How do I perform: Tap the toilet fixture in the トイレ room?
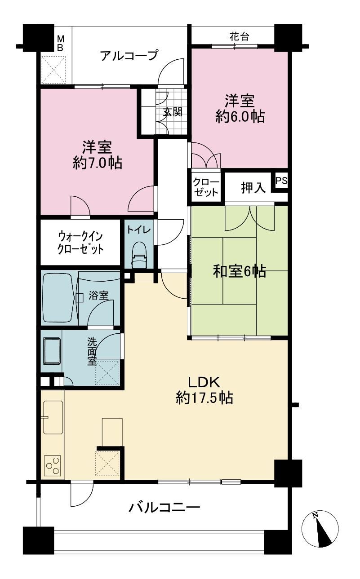139,256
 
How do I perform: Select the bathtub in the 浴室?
58,297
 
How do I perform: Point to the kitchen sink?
53,417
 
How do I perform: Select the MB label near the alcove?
60,44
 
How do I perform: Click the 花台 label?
239,37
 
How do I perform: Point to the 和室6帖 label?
240,271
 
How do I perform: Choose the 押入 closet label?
253,188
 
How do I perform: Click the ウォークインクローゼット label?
80,243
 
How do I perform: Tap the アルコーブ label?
129,55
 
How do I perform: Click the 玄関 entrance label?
173,112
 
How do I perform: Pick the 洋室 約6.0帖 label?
240,109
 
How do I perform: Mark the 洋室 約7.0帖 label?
97,155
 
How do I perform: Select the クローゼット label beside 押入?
206,187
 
